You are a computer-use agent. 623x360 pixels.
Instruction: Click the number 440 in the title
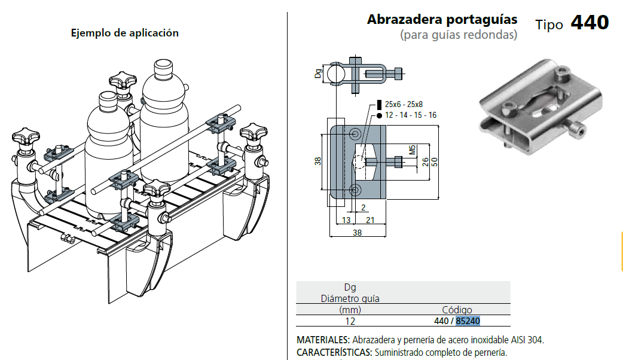(x=590, y=23)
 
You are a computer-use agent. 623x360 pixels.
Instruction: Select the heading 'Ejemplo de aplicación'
(x=125, y=33)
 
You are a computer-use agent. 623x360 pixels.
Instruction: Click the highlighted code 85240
(x=468, y=321)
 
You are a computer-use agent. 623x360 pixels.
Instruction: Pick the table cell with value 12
(x=350, y=321)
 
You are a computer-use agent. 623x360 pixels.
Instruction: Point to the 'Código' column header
(x=457, y=310)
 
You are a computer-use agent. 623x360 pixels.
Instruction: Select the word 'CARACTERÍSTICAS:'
(x=334, y=352)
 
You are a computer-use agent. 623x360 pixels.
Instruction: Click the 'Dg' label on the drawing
(x=318, y=74)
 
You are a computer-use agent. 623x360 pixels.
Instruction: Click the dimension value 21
(x=370, y=221)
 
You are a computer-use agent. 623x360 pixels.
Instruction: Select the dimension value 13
(x=346, y=221)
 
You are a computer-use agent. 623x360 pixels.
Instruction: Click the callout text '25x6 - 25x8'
(x=404, y=103)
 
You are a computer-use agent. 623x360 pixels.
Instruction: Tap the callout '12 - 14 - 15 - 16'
(x=411, y=115)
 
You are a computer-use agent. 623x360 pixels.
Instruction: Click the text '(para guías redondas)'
(x=459, y=35)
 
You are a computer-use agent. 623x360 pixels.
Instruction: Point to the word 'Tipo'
(x=549, y=25)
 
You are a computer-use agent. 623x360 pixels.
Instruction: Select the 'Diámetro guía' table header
(x=350, y=298)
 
